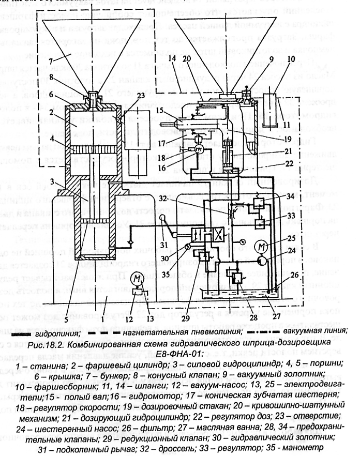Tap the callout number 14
tap(173, 57)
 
